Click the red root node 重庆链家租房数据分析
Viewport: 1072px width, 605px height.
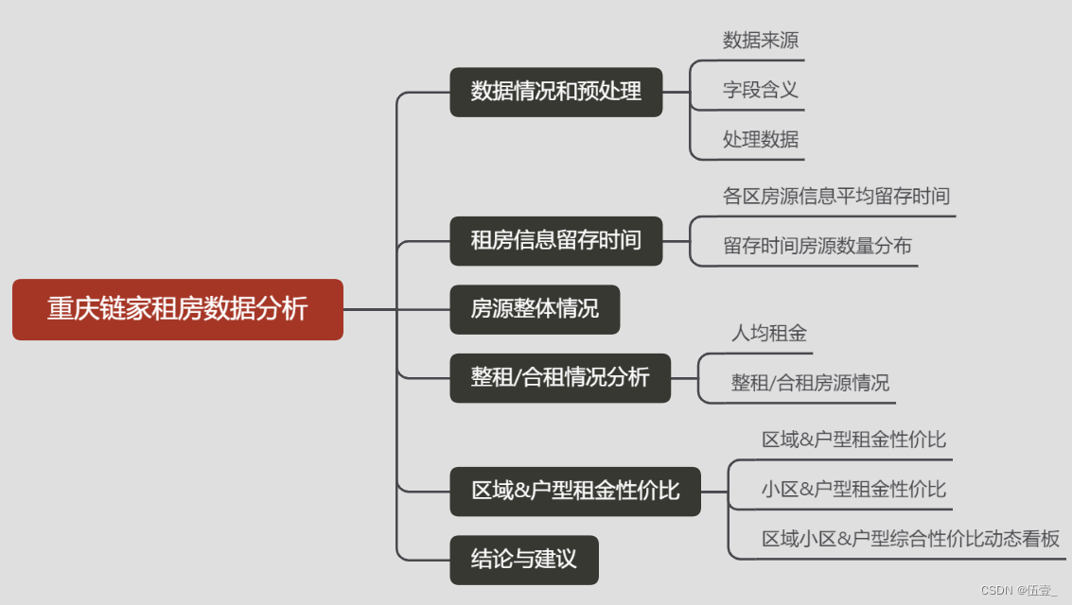(x=177, y=309)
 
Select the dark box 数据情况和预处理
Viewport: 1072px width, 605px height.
(x=555, y=92)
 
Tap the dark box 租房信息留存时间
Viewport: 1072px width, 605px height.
(x=555, y=240)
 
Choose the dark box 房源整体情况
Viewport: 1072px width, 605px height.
(x=535, y=309)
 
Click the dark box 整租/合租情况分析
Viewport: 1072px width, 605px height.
(x=560, y=378)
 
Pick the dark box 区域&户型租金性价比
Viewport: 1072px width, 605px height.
(x=575, y=492)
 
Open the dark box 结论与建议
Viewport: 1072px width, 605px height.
(x=524, y=560)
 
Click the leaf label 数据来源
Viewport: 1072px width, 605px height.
(x=760, y=40)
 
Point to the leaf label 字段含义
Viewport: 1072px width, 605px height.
(x=760, y=90)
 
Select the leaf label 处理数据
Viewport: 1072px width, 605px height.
(x=760, y=140)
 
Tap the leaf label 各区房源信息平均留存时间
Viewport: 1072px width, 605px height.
(x=835, y=197)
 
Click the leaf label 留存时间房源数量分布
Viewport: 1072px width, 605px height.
(x=817, y=247)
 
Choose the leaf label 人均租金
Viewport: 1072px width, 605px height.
(x=768, y=333)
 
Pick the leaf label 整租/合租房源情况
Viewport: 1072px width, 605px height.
(x=809, y=383)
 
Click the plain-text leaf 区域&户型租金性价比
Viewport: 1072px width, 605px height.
(x=853, y=440)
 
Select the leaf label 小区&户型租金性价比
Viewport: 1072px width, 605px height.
(x=853, y=490)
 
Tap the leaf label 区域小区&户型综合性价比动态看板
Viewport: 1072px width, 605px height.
(x=910, y=539)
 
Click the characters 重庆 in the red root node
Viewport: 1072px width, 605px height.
(x=68, y=309)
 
